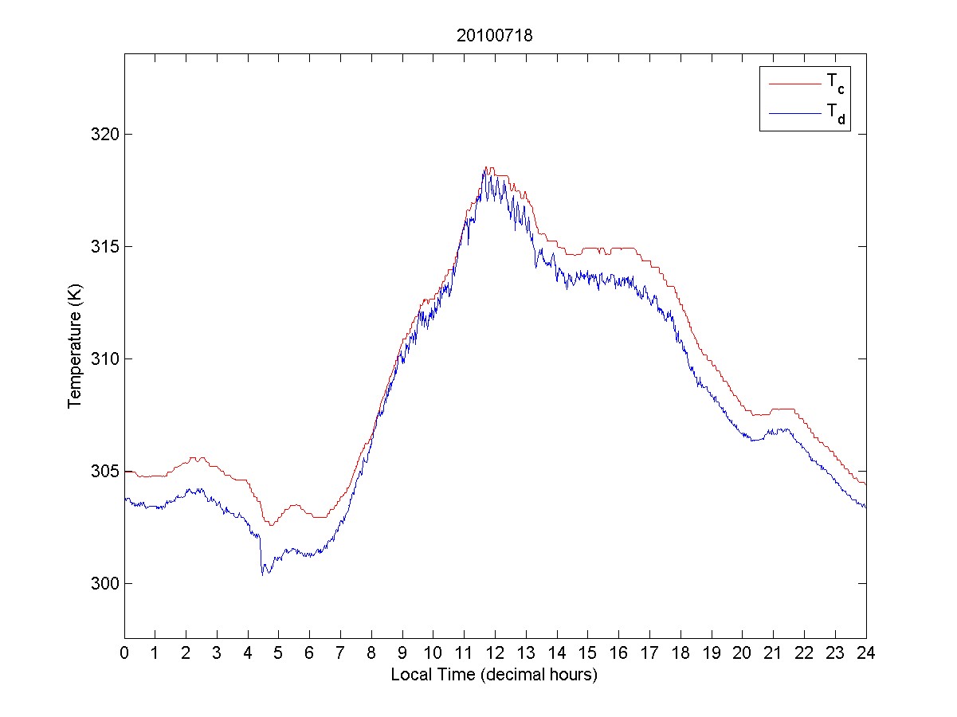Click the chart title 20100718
click(494, 35)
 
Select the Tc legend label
click(835, 83)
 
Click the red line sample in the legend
click(794, 83)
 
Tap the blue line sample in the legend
click(794, 114)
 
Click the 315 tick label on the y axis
click(107, 246)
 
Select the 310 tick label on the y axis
click(107, 358)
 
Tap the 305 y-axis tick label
click(107, 471)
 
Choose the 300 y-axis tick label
click(107, 583)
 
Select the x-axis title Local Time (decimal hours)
click(494, 675)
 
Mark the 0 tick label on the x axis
click(124, 652)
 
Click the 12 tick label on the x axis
click(495, 652)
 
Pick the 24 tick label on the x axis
click(866, 652)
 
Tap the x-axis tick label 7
click(340, 652)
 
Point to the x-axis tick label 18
click(680, 652)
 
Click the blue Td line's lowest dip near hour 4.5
click(262, 574)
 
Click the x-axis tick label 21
click(773, 652)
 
